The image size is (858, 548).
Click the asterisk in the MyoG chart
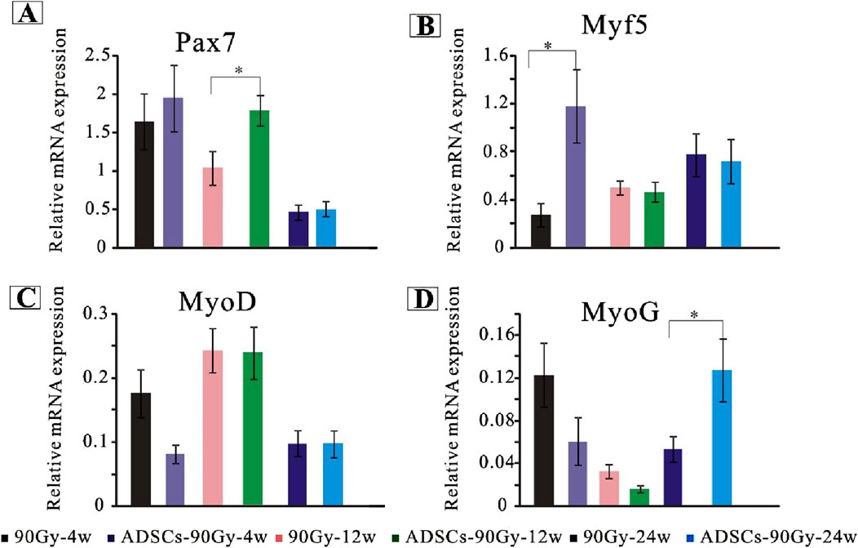693,314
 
